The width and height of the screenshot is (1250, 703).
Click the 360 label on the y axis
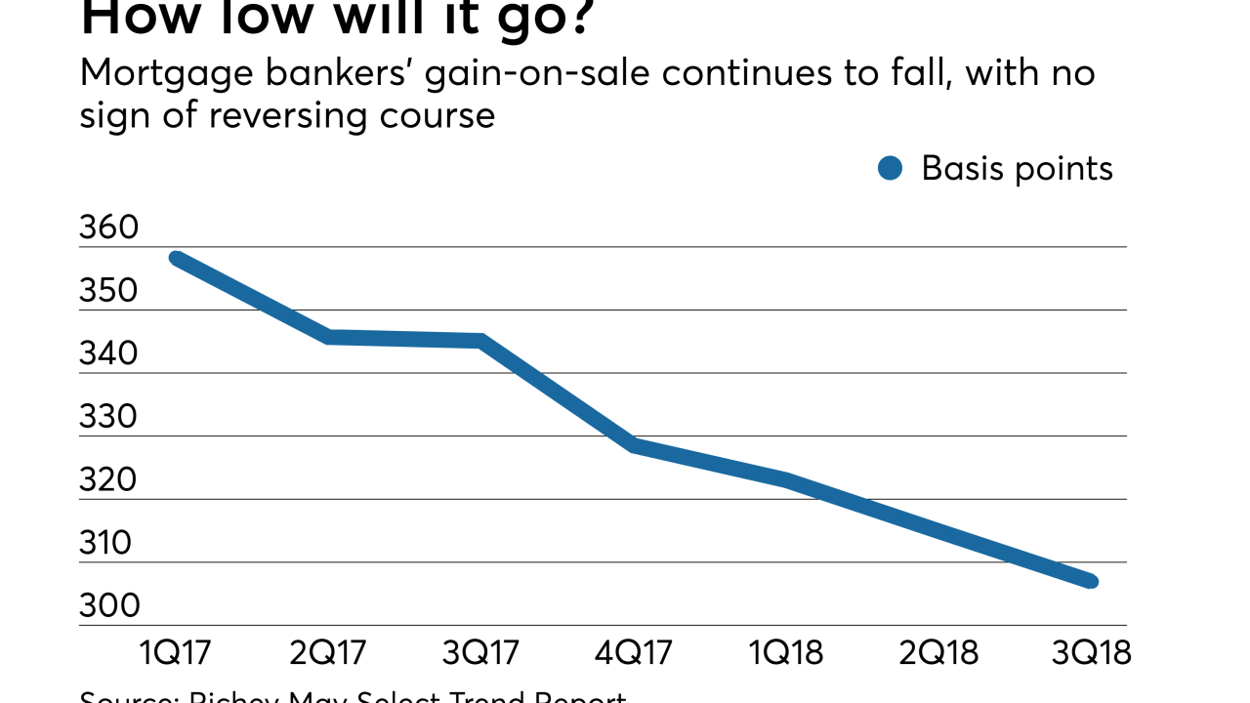pos(109,229)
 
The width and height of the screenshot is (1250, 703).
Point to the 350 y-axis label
pos(109,292)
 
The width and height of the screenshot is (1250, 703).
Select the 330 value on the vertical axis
pos(109,418)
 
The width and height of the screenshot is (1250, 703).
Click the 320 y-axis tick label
pos(109,481)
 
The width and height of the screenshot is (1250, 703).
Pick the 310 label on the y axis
pos(109,544)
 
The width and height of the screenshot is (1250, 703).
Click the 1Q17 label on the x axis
pos(177,651)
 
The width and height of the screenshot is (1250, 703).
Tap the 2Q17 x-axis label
pos(329,651)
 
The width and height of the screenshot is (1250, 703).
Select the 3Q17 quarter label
pos(481,651)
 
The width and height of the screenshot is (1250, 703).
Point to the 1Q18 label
pos(787,651)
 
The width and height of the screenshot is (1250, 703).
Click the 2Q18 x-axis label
pos(939,651)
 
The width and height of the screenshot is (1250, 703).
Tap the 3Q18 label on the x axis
pos(1091,651)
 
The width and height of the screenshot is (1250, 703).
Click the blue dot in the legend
pos(890,169)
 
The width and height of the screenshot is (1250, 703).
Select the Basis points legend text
pos(1017,169)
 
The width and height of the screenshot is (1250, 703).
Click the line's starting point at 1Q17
pos(177,259)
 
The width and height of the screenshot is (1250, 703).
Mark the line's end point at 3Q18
pos(1092,582)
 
